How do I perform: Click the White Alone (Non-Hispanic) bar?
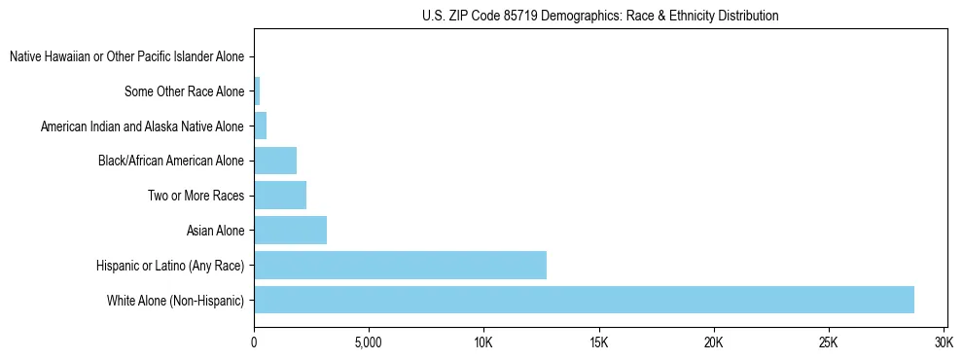tap(584, 300)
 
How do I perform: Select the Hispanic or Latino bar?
tap(400, 265)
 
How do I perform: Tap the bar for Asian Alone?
tap(290, 230)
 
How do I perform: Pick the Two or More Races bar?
tap(280, 196)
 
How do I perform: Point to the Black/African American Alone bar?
tap(275, 161)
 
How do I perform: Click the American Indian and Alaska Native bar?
tap(260, 126)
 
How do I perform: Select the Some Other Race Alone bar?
tap(257, 91)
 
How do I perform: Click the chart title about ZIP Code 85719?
tap(600, 16)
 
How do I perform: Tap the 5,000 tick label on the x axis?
tap(369, 343)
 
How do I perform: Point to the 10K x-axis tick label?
tap(483, 343)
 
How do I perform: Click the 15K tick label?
tap(598, 343)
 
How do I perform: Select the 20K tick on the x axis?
tap(714, 343)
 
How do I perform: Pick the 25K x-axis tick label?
tap(829, 343)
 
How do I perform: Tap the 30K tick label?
tap(944, 343)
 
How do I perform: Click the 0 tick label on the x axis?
tap(254, 343)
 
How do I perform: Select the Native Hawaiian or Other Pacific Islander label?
tap(126, 56)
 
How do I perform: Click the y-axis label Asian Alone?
tap(215, 231)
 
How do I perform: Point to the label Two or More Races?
tap(196, 196)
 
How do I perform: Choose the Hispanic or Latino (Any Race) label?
tap(170, 266)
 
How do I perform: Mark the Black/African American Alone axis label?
tap(171, 161)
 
